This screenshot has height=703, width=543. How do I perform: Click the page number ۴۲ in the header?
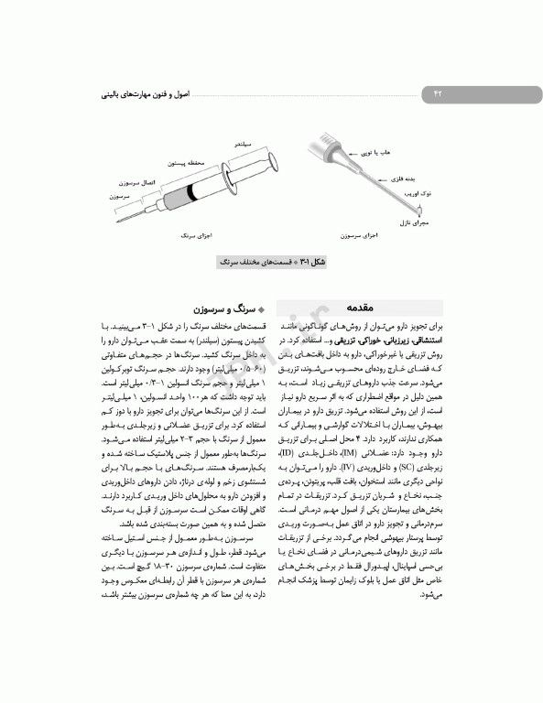tap(437, 93)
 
